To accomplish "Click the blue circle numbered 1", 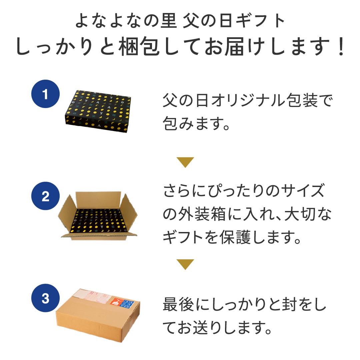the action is tap(45, 94).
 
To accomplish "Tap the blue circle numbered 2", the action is tap(45, 196).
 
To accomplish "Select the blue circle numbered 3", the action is tap(45, 298).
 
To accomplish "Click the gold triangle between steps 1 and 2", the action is tap(185, 162).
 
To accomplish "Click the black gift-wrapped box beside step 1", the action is tap(98, 111).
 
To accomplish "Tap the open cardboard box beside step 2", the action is tap(98, 216).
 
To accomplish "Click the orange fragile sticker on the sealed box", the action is tap(116, 301).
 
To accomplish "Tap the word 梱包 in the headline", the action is tap(139, 46).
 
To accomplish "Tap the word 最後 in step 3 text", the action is tap(179, 304).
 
